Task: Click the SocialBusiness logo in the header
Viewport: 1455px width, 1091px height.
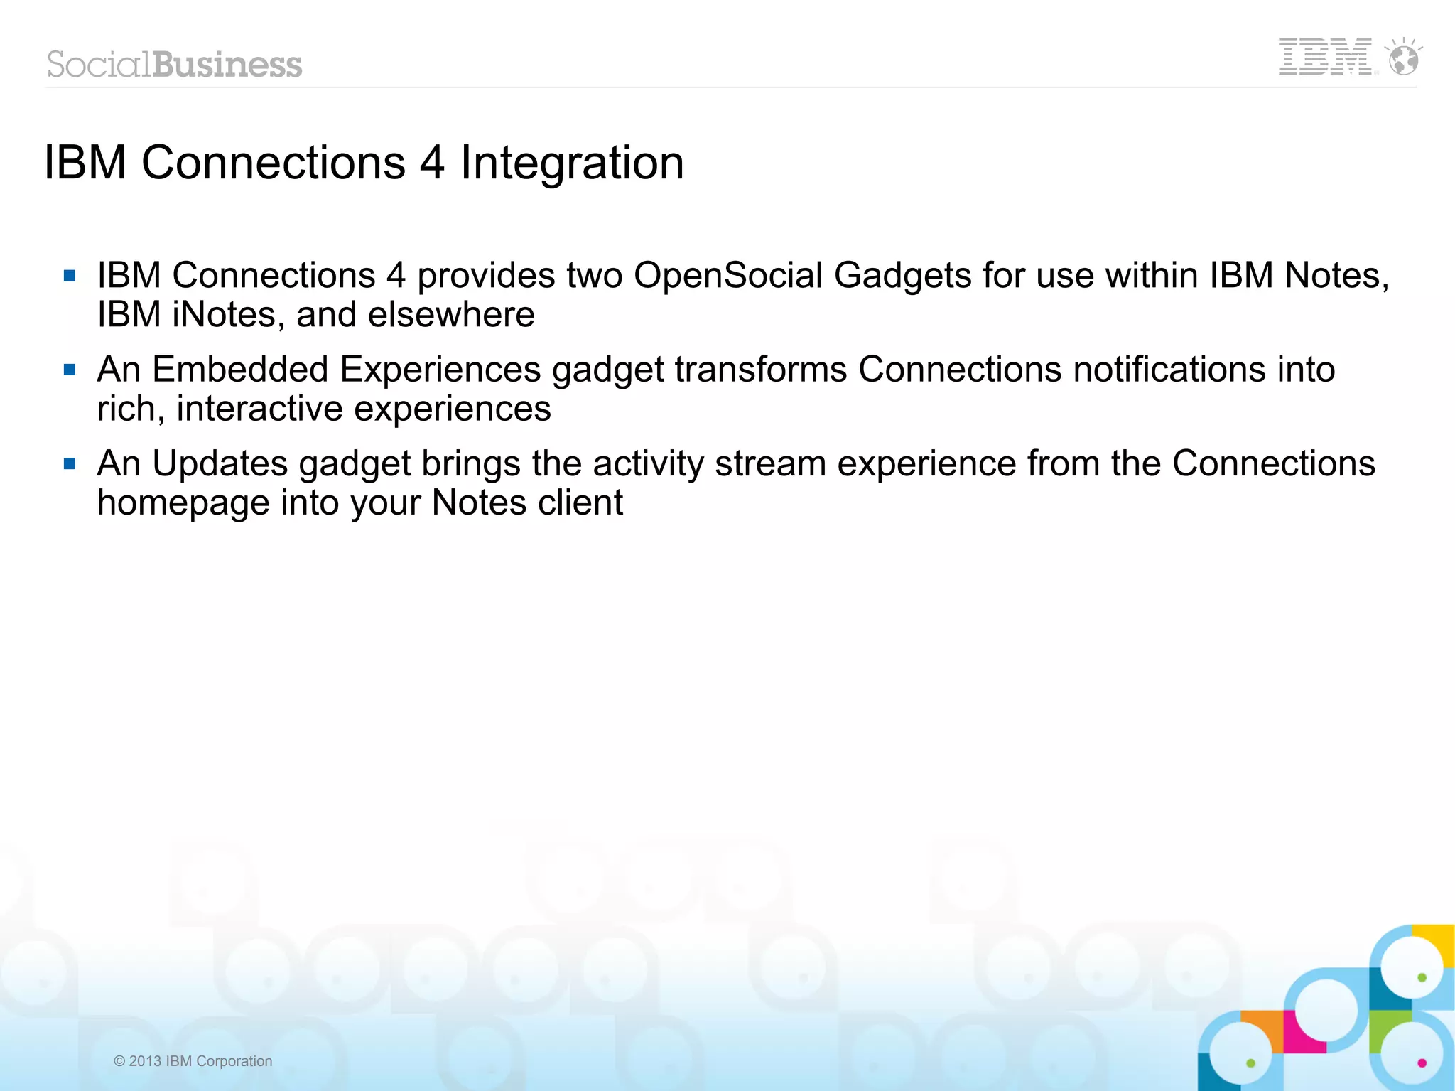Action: click(x=175, y=65)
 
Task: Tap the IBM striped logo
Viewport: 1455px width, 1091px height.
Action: click(x=1325, y=57)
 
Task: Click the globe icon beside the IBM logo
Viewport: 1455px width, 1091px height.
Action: click(x=1403, y=59)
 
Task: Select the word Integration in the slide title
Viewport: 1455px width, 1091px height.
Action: click(x=572, y=163)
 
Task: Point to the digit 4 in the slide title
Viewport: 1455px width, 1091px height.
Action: click(x=431, y=163)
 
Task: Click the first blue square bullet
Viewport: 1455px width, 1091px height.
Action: click(x=70, y=276)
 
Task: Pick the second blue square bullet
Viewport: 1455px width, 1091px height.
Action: click(x=70, y=370)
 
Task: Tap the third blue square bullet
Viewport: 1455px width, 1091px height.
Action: click(x=70, y=464)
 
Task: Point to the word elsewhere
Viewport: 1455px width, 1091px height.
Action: click(x=451, y=315)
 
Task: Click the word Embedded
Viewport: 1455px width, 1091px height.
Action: click(x=240, y=370)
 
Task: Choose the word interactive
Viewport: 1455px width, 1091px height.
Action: click(x=259, y=409)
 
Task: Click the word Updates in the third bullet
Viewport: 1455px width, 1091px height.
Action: click(x=220, y=464)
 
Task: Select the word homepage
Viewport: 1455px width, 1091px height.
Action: click(x=183, y=503)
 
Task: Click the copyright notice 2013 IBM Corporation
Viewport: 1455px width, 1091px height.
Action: click(x=193, y=1061)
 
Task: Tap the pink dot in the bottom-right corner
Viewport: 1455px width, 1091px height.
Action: click(x=1422, y=1063)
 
